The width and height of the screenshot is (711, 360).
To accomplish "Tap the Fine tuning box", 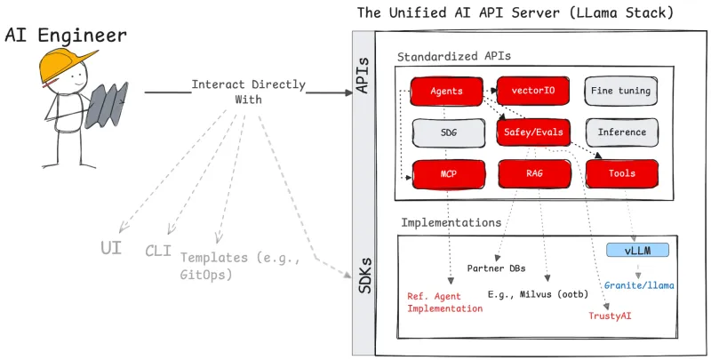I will [622, 91].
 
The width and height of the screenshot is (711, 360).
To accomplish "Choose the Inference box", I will [622, 132].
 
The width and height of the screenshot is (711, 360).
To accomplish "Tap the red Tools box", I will [622, 173].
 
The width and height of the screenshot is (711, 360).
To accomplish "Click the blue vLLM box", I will [636, 250].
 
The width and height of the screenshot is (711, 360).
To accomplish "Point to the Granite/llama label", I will [639, 285].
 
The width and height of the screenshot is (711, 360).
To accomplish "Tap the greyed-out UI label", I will [111, 246].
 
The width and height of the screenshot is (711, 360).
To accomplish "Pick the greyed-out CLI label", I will [157, 251].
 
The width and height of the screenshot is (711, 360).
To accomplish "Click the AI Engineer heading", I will [66, 36].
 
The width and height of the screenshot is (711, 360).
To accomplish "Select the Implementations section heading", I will [451, 221].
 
